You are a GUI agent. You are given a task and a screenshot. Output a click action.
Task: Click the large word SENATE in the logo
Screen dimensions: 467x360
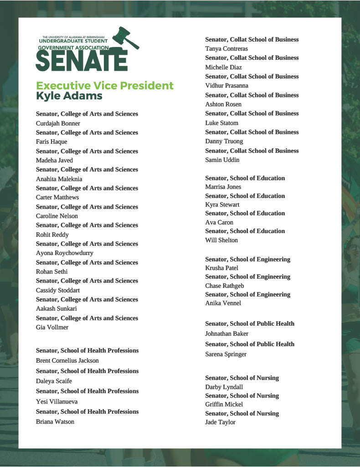pyautogui.click(x=81, y=60)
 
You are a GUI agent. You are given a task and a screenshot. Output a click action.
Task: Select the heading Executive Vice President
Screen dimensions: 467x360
pyautogui.click(x=105, y=86)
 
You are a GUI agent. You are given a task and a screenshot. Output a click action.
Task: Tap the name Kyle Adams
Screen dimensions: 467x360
pyautogui.click(x=69, y=96)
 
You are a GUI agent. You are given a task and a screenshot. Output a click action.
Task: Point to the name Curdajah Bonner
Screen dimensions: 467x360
pyautogui.click(x=58, y=123)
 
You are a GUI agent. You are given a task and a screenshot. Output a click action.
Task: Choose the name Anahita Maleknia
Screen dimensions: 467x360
pyautogui.click(x=59, y=179)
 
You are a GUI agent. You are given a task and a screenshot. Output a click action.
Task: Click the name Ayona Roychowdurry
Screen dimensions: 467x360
pyautogui.click(x=64, y=253)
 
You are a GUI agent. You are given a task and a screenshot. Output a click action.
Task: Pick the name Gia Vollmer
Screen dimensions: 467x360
pyautogui.click(x=52, y=327)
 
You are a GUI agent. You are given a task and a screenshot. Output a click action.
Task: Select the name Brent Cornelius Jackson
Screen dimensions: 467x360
pyautogui.click(x=67, y=361)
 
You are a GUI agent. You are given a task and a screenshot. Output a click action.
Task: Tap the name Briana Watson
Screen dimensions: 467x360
pyautogui.click(x=55, y=422)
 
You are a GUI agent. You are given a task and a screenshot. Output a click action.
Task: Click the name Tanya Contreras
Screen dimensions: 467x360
pyautogui.click(x=226, y=49)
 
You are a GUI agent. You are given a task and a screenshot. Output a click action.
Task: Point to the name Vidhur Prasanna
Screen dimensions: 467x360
pyautogui.click(x=226, y=86)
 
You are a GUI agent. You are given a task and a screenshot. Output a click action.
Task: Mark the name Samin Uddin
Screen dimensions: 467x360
pyautogui.click(x=222, y=160)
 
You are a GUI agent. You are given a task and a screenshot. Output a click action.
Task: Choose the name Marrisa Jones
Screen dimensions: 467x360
pyautogui.click(x=223, y=187)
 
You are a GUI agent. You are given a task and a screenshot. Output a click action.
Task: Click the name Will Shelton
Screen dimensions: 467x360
pyautogui.click(x=221, y=240)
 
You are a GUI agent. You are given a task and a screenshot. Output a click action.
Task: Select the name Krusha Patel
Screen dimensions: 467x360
pyautogui.click(x=221, y=268)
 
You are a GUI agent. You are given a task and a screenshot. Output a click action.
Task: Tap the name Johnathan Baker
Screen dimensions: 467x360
pyautogui.click(x=226, y=334)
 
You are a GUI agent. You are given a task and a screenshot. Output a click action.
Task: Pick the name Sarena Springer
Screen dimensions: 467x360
pyautogui.click(x=226, y=354)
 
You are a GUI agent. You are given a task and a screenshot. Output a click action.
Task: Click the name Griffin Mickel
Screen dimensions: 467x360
pyautogui.click(x=224, y=405)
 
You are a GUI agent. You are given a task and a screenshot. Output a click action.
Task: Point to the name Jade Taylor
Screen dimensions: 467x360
pyautogui.click(x=220, y=422)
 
